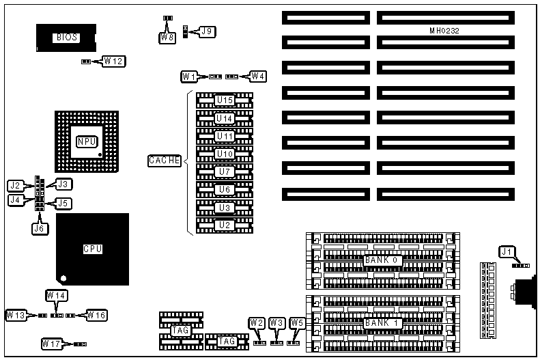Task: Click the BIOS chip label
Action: coord(66,38)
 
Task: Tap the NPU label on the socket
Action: coord(87,141)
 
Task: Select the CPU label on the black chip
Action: coord(92,249)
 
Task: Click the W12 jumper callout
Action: coord(114,61)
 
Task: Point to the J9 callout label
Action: coord(206,31)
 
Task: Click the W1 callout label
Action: coord(190,76)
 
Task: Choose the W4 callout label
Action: coord(258,76)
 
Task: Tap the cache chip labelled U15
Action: coord(225,100)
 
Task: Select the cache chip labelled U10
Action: coord(225,154)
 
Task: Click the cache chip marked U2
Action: coord(225,225)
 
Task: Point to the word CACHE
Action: coord(165,161)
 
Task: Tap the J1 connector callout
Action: coord(507,252)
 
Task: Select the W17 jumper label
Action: coord(53,343)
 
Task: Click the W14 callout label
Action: coord(57,295)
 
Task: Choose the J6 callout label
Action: coord(39,229)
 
